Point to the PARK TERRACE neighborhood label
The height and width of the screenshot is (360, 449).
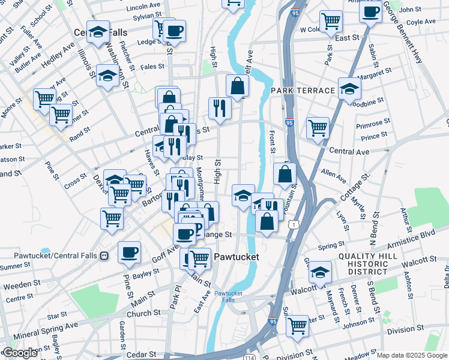[x=303, y=91]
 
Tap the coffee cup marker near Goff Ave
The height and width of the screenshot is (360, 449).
[x=130, y=252]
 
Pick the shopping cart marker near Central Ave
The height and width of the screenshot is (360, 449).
[x=318, y=127]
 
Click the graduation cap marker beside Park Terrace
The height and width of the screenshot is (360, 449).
[x=349, y=89]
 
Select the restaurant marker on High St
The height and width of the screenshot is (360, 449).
[x=219, y=108]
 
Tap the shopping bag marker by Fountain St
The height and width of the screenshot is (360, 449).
[x=285, y=174]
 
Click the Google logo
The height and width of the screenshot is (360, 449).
[x=20, y=353]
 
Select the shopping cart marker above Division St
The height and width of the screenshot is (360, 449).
[x=297, y=326]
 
